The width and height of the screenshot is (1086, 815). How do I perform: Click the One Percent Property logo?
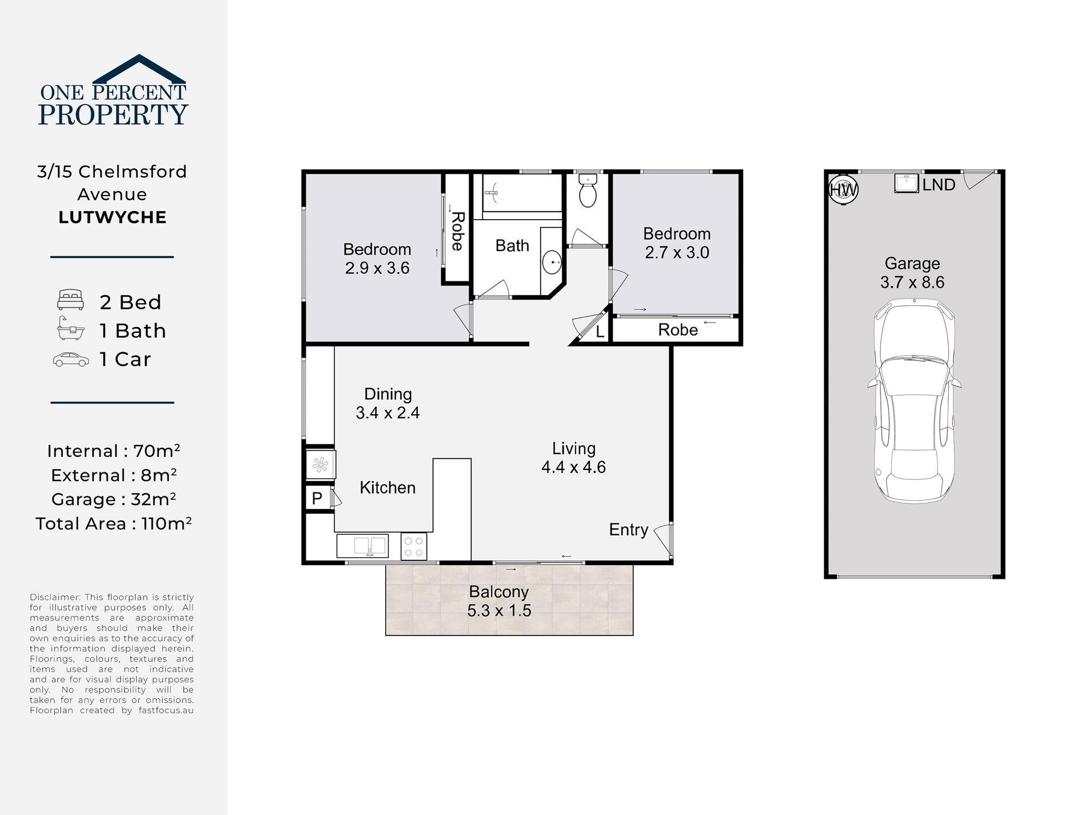coord(113,90)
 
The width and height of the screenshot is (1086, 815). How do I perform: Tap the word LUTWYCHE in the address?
coord(113,217)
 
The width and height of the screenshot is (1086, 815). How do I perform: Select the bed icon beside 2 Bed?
coord(71,300)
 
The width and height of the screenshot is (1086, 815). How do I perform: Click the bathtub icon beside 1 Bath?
coord(71,329)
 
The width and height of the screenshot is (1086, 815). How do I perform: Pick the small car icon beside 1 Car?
coord(71,359)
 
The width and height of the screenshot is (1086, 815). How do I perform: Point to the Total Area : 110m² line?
coord(113,523)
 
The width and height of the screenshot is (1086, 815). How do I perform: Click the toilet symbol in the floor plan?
coord(588,191)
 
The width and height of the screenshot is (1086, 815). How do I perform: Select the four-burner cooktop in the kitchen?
coord(414,546)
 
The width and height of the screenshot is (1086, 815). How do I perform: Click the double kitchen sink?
coord(362,546)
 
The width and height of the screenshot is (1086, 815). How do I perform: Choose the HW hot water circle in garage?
coord(843,189)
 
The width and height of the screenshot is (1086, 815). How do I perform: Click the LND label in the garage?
coord(939,185)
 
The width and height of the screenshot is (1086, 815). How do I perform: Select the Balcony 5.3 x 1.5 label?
coord(499,601)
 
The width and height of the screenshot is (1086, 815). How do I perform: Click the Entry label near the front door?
coord(628,530)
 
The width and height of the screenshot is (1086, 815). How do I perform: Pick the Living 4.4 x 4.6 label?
coord(573,458)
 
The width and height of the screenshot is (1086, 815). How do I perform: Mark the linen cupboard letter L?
coord(600,332)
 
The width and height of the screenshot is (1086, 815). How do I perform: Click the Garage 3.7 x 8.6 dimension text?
coord(912,282)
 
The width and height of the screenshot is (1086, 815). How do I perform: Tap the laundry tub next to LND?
coord(907,182)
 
